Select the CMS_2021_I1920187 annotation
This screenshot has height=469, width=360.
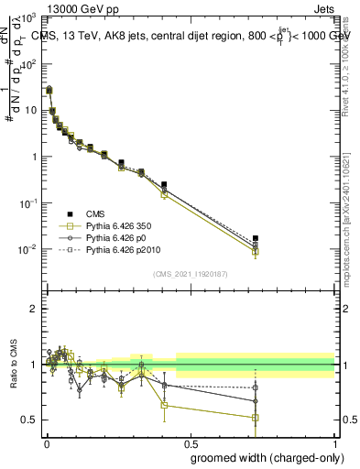(x=190, y=274)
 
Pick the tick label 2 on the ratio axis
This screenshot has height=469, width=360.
(x=35, y=309)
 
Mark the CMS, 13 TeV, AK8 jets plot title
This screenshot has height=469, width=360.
(x=192, y=35)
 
